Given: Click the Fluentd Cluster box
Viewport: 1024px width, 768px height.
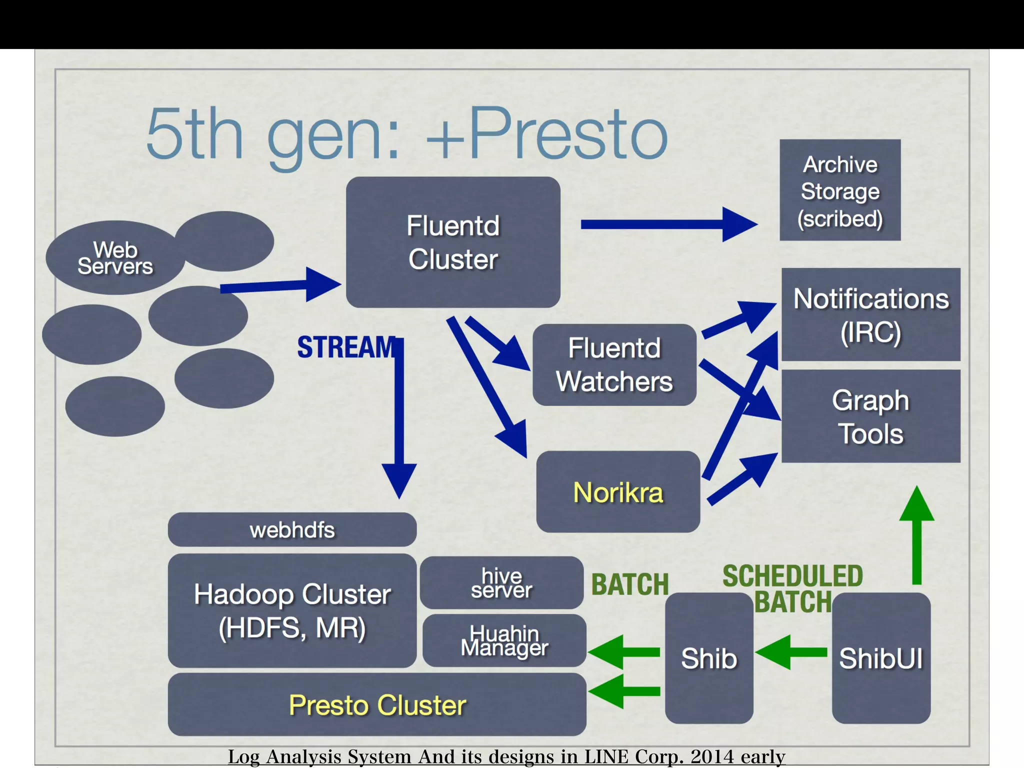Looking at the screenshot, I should pyautogui.click(x=453, y=242).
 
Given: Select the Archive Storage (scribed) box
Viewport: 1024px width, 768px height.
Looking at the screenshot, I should pyautogui.click(x=840, y=190).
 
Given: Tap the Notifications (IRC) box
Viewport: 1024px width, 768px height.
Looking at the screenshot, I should pyautogui.click(x=870, y=314).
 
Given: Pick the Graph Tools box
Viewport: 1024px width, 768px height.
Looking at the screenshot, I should pyautogui.click(x=870, y=416).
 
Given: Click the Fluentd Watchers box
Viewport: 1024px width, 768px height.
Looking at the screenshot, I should pyautogui.click(x=614, y=364).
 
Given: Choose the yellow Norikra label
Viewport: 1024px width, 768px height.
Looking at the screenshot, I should pyautogui.click(x=618, y=492).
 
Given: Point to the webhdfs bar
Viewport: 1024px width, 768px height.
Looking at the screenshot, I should pyautogui.click(x=292, y=529).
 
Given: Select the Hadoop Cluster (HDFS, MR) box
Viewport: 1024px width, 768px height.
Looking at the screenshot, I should pyautogui.click(x=292, y=610).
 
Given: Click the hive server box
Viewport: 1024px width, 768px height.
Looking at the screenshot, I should pyautogui.click(x=501, y=583).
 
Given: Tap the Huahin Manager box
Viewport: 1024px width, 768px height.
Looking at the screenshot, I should pyautogui.click(x=504, y=640).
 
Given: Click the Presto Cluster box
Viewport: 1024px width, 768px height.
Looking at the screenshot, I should pyautogui.click(x=377, y=705).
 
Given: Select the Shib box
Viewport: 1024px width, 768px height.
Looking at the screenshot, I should pyautogui.click(x=709, y=658).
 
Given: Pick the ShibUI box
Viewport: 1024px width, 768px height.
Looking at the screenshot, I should pyautogui.click(x=881, y=658).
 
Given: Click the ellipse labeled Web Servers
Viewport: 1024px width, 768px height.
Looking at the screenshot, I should pyautogui.click(x=115, y=258).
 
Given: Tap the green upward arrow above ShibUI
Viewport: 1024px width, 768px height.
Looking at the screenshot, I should pyautogui.click(x=916, y=535).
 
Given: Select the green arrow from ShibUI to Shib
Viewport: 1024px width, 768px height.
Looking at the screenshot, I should pyautogui.click(x=791, y=652).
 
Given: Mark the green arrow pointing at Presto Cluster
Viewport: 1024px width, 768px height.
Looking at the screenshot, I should pyautogui.click(x=624, y=691).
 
